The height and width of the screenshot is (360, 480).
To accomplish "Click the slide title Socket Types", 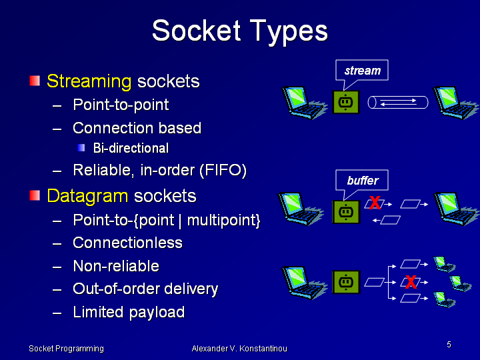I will (240, 31).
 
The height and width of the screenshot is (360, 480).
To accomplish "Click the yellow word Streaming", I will (89, 81).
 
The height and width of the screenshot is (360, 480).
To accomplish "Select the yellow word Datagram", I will (87, 196).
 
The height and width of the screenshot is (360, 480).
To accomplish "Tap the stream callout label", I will (362, 71).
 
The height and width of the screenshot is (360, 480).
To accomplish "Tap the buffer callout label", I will (362, 181).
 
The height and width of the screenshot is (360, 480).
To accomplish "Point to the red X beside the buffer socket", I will (375, 203).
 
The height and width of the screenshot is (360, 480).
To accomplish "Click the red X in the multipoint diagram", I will (411, 283).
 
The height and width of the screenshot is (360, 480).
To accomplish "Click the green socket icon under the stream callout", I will (345, 102).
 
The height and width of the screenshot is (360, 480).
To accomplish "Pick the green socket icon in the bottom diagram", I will (345, 282).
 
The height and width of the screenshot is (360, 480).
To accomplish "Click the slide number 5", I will (449, 345).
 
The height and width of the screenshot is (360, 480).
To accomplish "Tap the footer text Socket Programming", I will (66, 349).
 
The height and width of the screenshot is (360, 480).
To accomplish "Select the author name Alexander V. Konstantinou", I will (239, 349).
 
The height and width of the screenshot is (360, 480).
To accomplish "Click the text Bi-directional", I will (131, 148).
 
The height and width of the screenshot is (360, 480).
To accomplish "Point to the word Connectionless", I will (127, 243).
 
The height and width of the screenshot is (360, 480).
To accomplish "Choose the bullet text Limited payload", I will (128, 312).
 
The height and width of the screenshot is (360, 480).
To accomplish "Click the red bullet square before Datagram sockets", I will (35, 195).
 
